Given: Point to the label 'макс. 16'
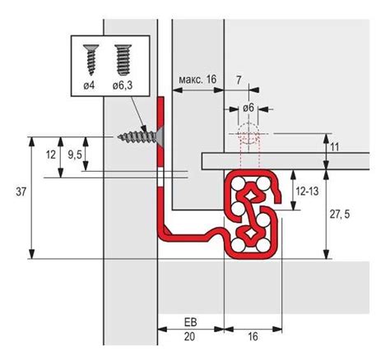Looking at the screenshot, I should (196, 79).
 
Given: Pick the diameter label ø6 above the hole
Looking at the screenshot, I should (248, 107).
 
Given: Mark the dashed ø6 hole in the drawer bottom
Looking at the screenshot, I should (248, 136).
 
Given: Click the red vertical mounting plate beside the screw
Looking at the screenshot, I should (160, 132).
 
